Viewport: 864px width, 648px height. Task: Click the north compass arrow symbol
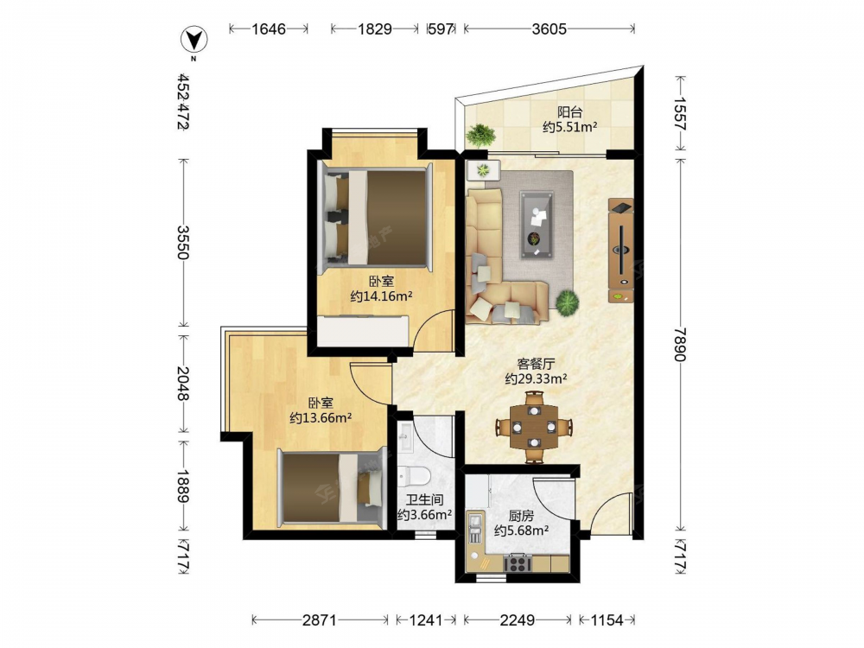pyautogui.click(x=194, y=41)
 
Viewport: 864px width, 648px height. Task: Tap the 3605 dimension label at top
pyautogui.click(x=549, y=29)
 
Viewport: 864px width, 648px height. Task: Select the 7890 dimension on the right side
pyautogui.click(x=680, y=345)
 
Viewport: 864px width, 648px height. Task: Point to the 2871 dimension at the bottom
pyautogui.click(x=319, y=620)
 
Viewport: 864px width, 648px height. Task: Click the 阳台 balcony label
pyautogui.click(x=569, y=112)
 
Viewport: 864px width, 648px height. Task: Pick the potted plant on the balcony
pyautogui.click(x=480, y=135)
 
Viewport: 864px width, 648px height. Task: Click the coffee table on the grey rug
pyautogui.click(x=537, y=225)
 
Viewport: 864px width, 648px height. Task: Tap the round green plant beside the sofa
pyautogui.click(x=567, y=302)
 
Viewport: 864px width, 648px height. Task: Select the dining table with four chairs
pyautogui.click(x=533, y=427)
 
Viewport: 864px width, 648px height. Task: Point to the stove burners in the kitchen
pyautogui.click(x=518, y=563)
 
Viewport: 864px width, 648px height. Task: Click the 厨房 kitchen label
pyautogui.click(x=521, y=516)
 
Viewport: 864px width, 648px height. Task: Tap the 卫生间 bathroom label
pyautogui.click(x=425, y=499)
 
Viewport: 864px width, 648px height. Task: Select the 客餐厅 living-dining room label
pyautogui.click(x=536, y=364)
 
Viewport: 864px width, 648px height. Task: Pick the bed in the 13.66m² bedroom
pyautogui.click(x=331, y=488)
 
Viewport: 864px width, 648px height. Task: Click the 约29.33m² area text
pyautogui.click(x=537, y=378)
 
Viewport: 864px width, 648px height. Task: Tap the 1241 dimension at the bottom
pyautogui.click(x=426, y=620)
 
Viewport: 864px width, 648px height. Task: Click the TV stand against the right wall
pyautogui.click(x=621, y=251)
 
